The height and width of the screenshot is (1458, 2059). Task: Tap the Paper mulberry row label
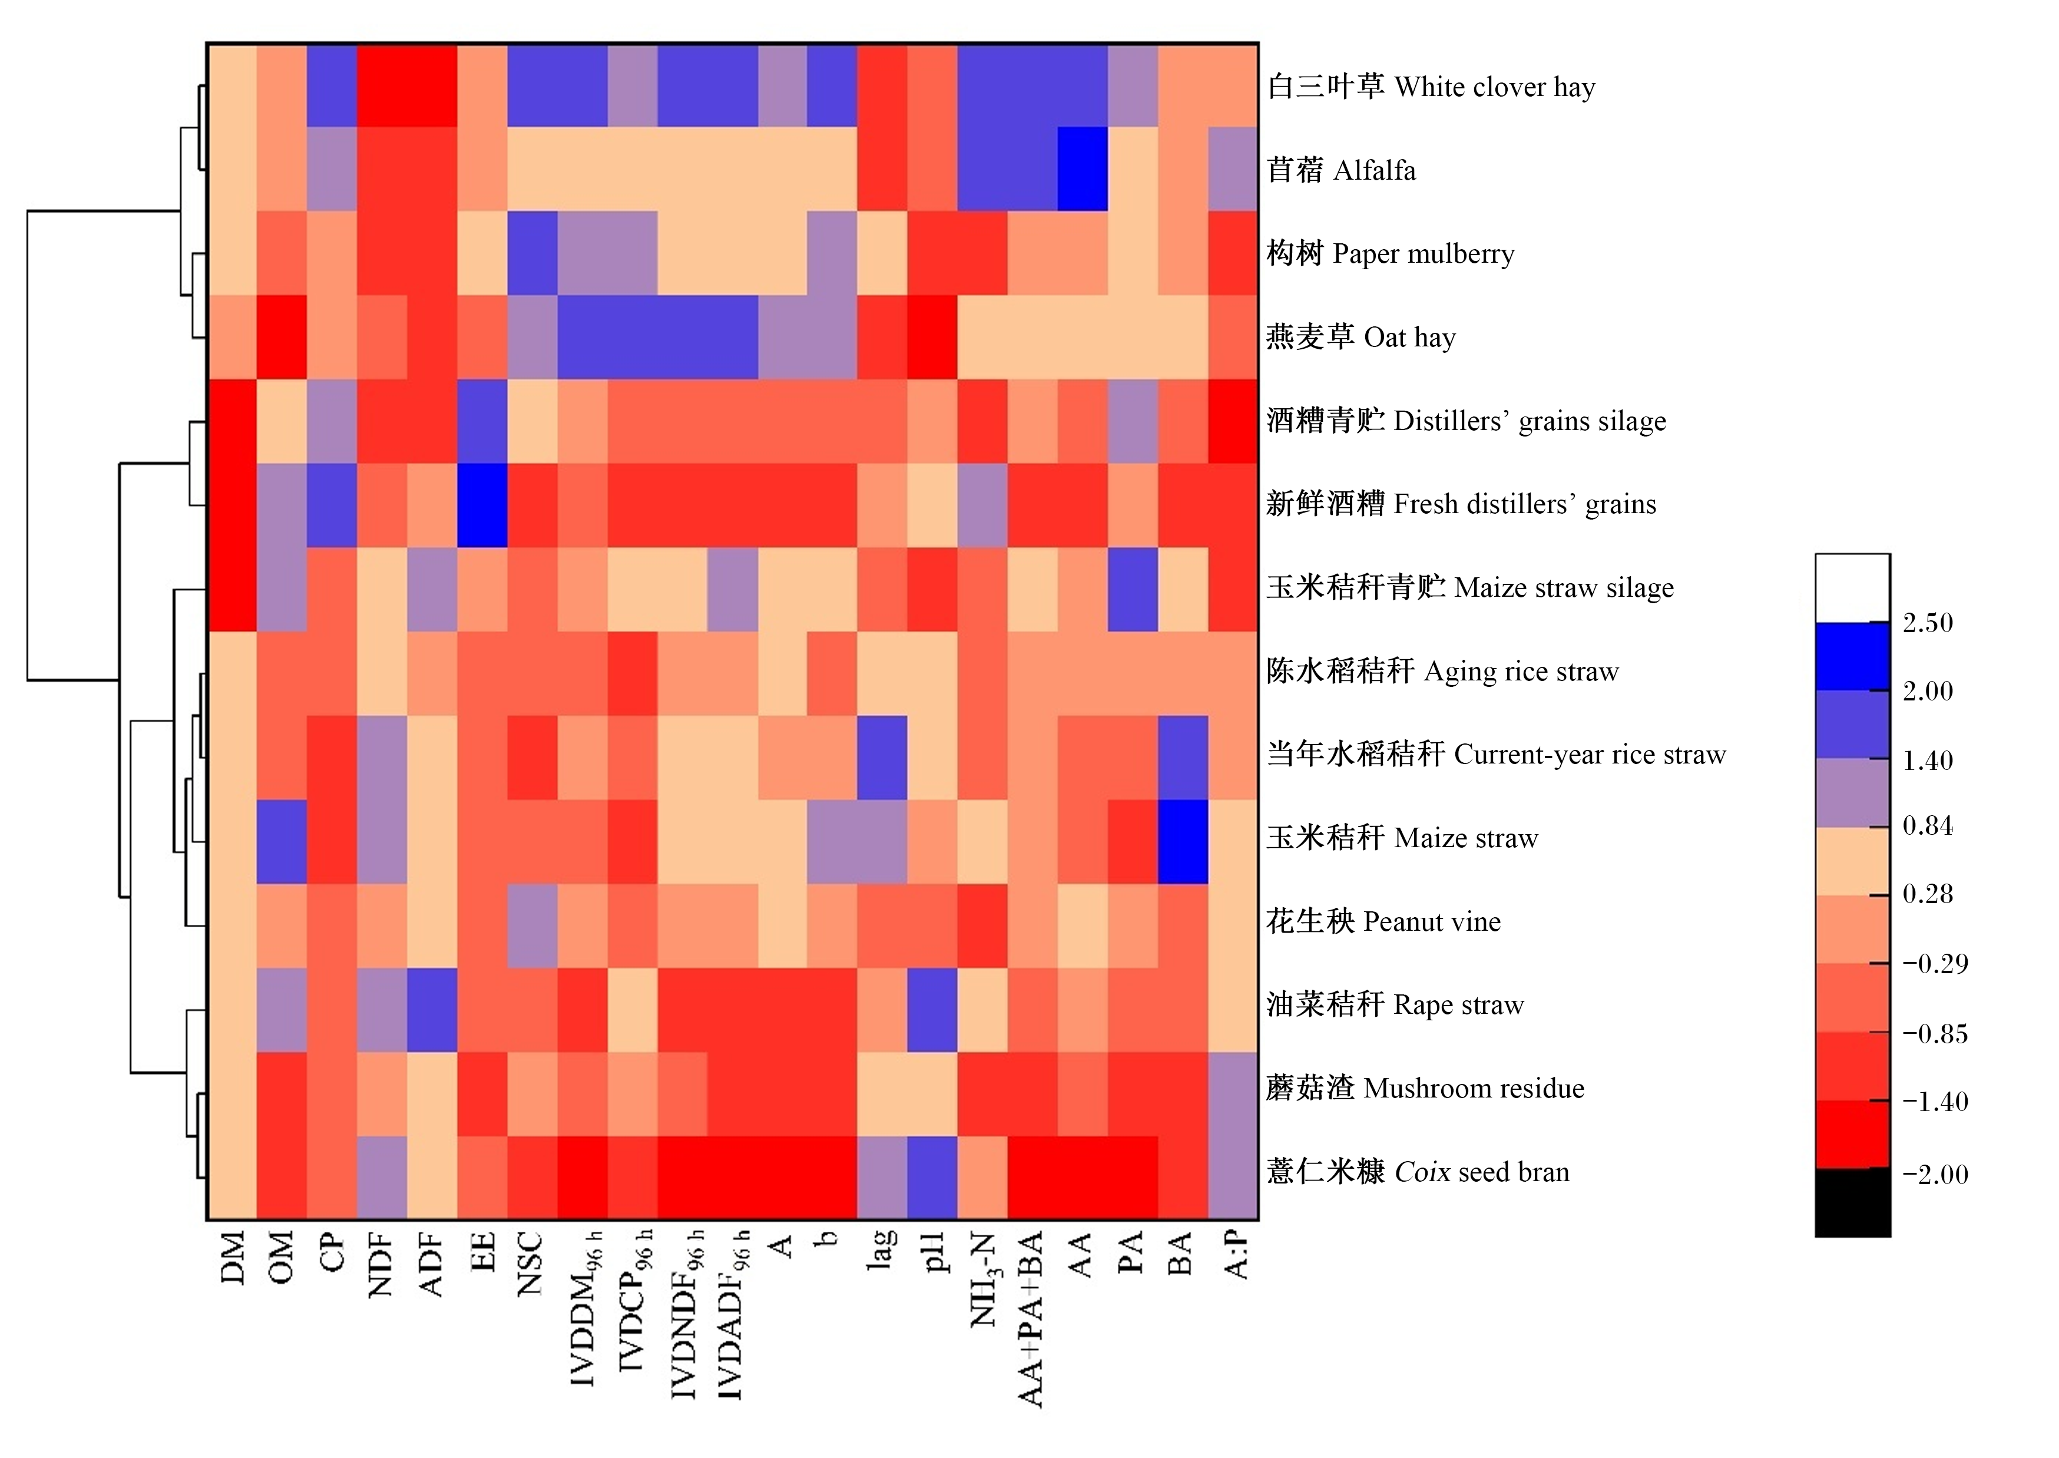coord(1391,253)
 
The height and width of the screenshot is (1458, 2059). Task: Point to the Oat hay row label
coord(1360,337)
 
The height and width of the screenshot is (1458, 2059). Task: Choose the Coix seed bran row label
coord(1418,1172)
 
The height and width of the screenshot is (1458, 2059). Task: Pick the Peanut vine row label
coord(1383,921)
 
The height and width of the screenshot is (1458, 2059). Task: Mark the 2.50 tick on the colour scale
coord(1927,622)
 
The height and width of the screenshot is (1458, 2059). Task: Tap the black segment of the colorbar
coord(1852,1203)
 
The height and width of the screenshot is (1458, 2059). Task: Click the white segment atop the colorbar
coord(1852,588)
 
